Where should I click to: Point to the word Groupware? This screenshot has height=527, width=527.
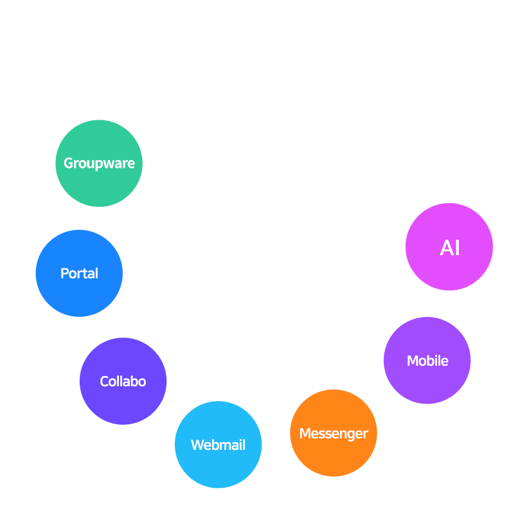pos(99,164)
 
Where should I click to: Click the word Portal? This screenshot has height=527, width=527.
pos(79,274)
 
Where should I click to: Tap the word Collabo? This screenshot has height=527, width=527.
pos(123,382)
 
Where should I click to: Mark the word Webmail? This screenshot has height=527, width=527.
pos(218,445)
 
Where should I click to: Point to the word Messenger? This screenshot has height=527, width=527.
pos(334,434)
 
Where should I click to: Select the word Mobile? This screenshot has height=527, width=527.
pos(427,361)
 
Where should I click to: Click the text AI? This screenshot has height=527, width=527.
pos(450,248)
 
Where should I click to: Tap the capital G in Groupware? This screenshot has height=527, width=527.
pos(68,163)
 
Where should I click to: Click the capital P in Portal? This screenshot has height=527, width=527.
pos(64,274)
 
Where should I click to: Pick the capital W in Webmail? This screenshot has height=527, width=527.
pos(197,445)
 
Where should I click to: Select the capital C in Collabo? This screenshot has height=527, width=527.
pos(104,382)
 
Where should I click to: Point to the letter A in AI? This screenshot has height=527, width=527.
pos(446,248)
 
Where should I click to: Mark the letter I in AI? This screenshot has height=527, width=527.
pos(458,248)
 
